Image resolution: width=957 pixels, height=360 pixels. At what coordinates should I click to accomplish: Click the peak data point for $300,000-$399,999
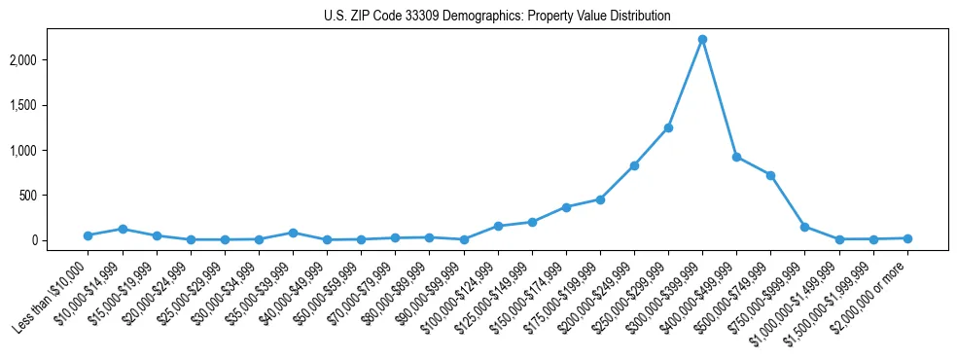pos(702,39)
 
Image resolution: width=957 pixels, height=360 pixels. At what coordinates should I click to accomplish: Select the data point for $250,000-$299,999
pos(668,127)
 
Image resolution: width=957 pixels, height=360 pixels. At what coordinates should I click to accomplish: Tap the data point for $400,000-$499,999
pos(736,157)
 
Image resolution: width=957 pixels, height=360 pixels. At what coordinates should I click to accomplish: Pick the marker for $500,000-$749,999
pos(770,175)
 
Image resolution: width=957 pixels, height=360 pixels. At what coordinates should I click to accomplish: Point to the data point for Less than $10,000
pos(88,235)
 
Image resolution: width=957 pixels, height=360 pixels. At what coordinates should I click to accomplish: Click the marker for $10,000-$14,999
pos(123,229)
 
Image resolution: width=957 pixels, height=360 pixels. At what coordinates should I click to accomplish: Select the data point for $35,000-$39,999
pos(293,233)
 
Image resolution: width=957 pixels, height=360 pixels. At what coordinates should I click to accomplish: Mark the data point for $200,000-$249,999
pos(634,165)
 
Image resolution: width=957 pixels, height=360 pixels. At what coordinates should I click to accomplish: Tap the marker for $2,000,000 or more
pos(907,238)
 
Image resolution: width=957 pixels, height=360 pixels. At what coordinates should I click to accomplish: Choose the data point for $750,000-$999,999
pos(804,227)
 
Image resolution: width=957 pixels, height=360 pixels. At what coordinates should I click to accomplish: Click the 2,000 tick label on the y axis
pos(48,60)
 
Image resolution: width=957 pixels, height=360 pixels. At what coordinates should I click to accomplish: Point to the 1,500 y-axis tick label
pos(48,105)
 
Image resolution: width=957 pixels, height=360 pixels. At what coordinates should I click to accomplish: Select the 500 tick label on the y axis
pos(53,196)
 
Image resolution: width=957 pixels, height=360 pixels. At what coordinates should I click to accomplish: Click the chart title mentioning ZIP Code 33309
pos(497,17)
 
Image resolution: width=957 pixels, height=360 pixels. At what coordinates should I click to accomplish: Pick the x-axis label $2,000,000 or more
pos(871,292)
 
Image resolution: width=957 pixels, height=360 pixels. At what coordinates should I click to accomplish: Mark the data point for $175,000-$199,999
pos(600,199)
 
